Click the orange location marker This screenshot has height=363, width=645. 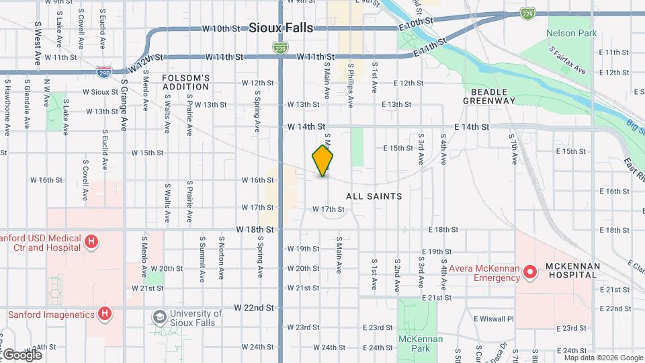(x=323, y=160)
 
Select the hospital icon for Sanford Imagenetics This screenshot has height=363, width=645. (x=104, y=313)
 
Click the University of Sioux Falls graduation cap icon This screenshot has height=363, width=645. (x=160, y=316)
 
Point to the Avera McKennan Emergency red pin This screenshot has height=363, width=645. (x=530, y=272)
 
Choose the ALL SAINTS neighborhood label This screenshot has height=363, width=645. (x=374, y=196)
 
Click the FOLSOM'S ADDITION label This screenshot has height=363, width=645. (x=186, y=82)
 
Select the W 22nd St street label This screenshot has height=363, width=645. (x=255, y=307)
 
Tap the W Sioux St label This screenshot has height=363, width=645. (x=100, y=91)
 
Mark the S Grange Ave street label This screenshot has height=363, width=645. (x=124, y=104)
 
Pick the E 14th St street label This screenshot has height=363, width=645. (x=472, y=126)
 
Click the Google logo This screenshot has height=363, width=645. (x=21, y=354)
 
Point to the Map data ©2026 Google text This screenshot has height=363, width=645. (x=603, y=358)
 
